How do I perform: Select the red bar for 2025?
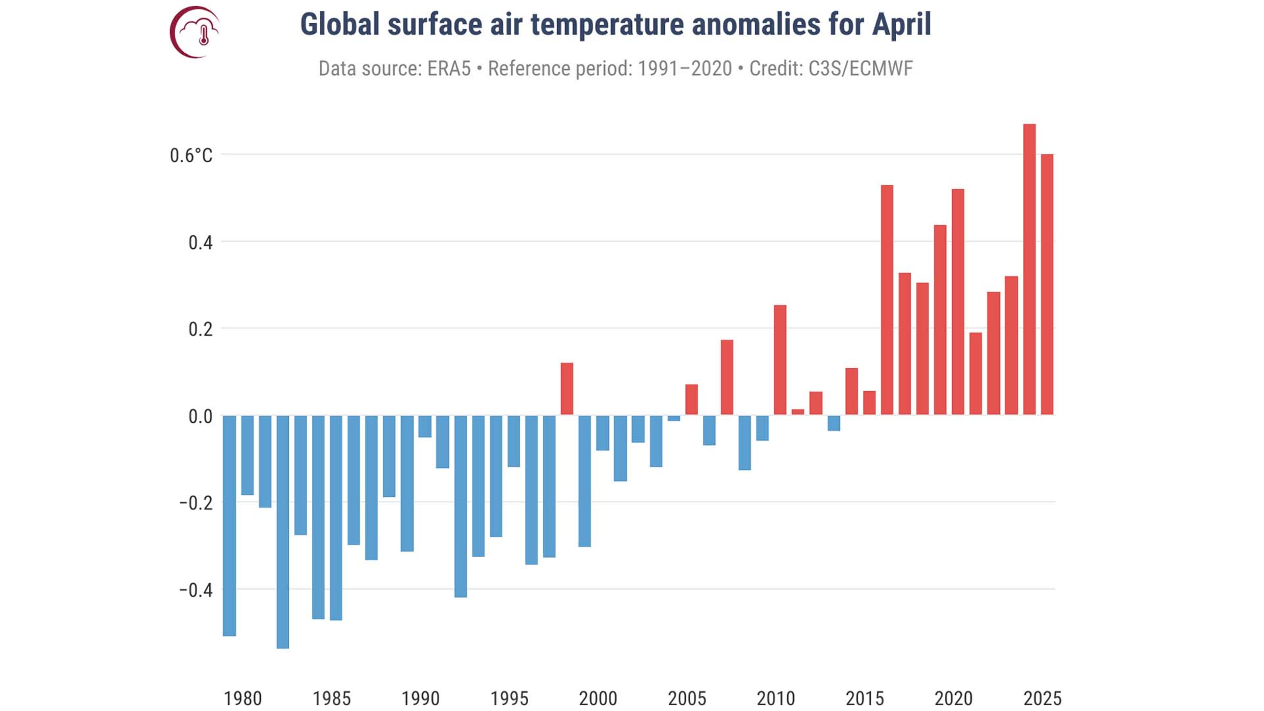pyautogui.click(x=1047, y=285)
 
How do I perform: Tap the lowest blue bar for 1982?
pyautogui.click(x=283, y=532)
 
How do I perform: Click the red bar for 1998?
pyautogui.click(x=567, y=389)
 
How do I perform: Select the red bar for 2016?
pyautogui.click(x=887, y=300)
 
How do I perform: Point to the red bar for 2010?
pyautogui.click(x=780, y=360)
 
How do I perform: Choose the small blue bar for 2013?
pyautogui.click(x=834, y=423)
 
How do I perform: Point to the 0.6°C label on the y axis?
pyautogui.click(x=191, y=156)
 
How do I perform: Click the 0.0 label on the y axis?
pyautogui.click(x=200, y=417)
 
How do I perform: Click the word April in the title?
pyautogui.click(x=901, y=25)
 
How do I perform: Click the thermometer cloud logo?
pyautogui.click(x=195, y=32)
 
